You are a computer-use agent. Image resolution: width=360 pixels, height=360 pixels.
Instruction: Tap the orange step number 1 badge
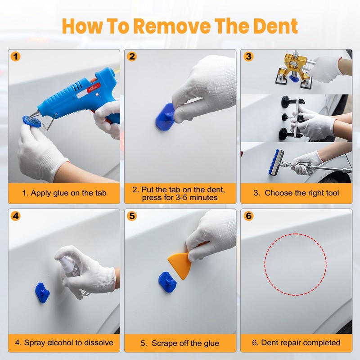(16, 57)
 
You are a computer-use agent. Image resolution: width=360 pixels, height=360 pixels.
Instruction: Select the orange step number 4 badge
(16, 216)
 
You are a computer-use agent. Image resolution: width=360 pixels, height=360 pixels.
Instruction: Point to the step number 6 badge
(248, 216)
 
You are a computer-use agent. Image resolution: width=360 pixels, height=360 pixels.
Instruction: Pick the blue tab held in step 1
(31, 121)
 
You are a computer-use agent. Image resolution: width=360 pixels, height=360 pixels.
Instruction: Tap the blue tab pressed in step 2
(165, 117)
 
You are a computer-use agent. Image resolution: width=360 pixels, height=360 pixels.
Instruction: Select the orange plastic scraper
(180, 264)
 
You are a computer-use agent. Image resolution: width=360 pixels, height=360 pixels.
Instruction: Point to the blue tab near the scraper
(167, 282)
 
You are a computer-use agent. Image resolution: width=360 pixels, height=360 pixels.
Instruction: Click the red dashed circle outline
(296, 234)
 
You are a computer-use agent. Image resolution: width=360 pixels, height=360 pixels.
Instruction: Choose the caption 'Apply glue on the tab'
(64, 193)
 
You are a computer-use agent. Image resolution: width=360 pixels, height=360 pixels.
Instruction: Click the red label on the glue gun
(94, 88)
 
